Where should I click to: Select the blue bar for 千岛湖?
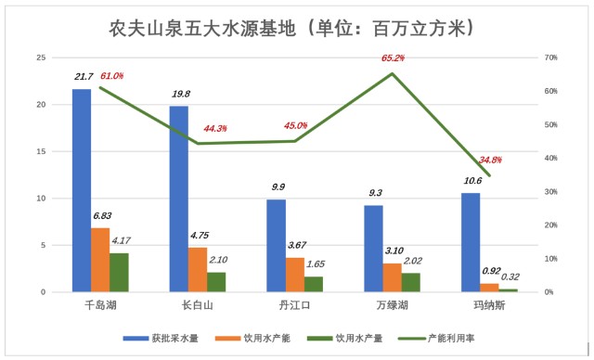(82, 190)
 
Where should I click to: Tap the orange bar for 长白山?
(198, 270)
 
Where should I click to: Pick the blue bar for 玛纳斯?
(471, 242)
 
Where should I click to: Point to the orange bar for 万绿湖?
(392, 277)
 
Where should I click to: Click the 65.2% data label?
(393, 58)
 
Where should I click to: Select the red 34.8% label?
(490, 160)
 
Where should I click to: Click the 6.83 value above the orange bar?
(101, 216)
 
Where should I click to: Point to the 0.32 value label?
(510, 276)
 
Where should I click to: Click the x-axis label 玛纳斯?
(489, 305)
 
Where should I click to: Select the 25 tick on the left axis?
(39, 58)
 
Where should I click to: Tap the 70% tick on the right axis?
(549, 58)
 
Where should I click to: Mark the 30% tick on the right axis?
(549, 192)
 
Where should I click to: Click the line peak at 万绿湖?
(392, 73)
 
